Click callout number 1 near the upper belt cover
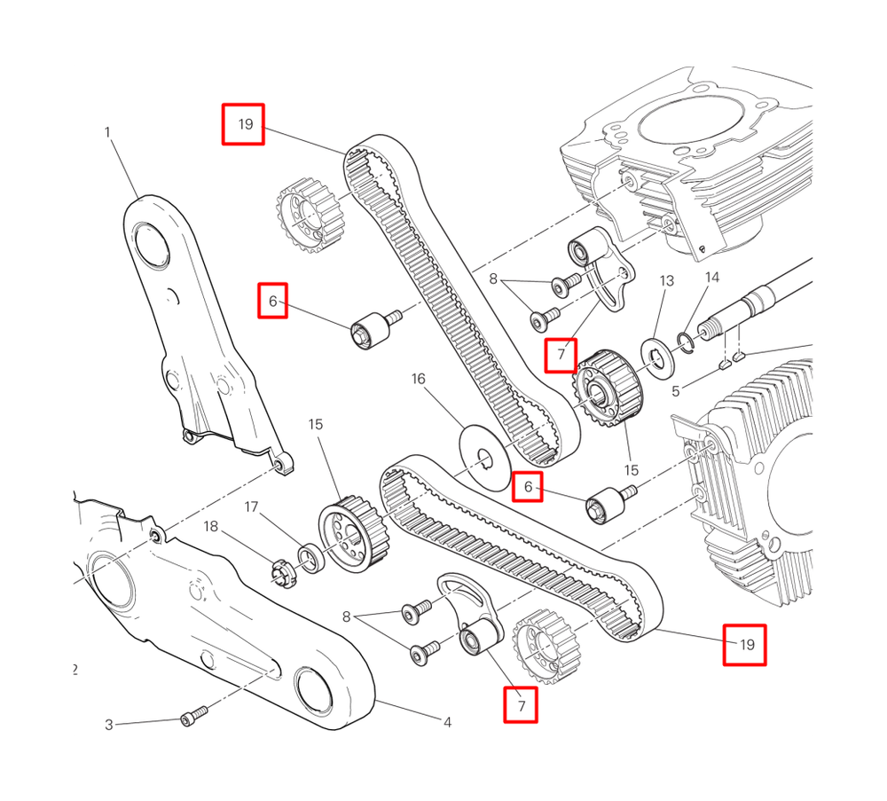point(107,132)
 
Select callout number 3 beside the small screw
point(109,725)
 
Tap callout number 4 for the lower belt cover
point(447,723)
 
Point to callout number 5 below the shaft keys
point(676,389)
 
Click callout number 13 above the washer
point(667,281)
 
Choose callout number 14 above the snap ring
point(712,278)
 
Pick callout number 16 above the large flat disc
point(418,379)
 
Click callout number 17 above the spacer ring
point(252,507)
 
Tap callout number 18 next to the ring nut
point(210,527)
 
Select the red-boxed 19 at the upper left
point(244,124)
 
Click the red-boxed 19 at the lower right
point(745,645)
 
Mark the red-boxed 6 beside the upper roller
point(273,302)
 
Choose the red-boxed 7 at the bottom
point(521,706)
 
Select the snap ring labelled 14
point(685,341)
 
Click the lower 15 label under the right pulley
point(631,469)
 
